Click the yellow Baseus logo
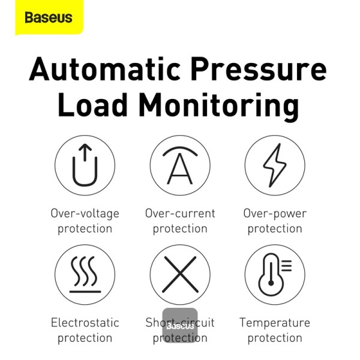(x=49, y=17)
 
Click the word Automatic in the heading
(x=104, y=69)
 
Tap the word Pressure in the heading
(x=259, y=69)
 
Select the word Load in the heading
(x=92, y=104)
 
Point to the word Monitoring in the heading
(x=219, y=107)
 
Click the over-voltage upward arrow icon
(x=85, y=165)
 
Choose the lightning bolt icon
(x=275, y=165)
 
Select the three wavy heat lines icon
(x=85, y=275)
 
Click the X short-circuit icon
(x=180, y=274)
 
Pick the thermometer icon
(x=275, y=275)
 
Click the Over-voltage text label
(x=85, y=214)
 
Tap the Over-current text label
(x=180, y=213)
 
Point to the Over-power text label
(x=275, y=214)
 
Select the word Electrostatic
(x=85, y=323)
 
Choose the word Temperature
(x=275, y=323)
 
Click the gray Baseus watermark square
(x=180, y=325)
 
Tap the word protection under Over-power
(x=275, y=229)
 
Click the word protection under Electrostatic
(x=85, y=338)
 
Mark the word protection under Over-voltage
(x=85, y=229)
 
